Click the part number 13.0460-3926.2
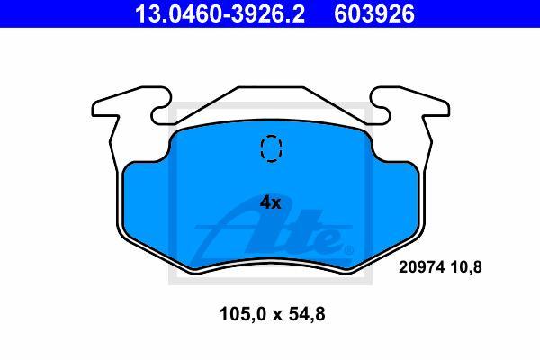coord(220,13)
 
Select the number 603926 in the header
coord(374,13)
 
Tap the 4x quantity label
coord(270,202)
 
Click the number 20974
coord(422,267)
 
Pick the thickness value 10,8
coord(466,267)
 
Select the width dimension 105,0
coord(243,314)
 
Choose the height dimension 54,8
coord(307,314)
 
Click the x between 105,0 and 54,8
coord(277,316)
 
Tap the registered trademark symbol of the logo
coord(348,249)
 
